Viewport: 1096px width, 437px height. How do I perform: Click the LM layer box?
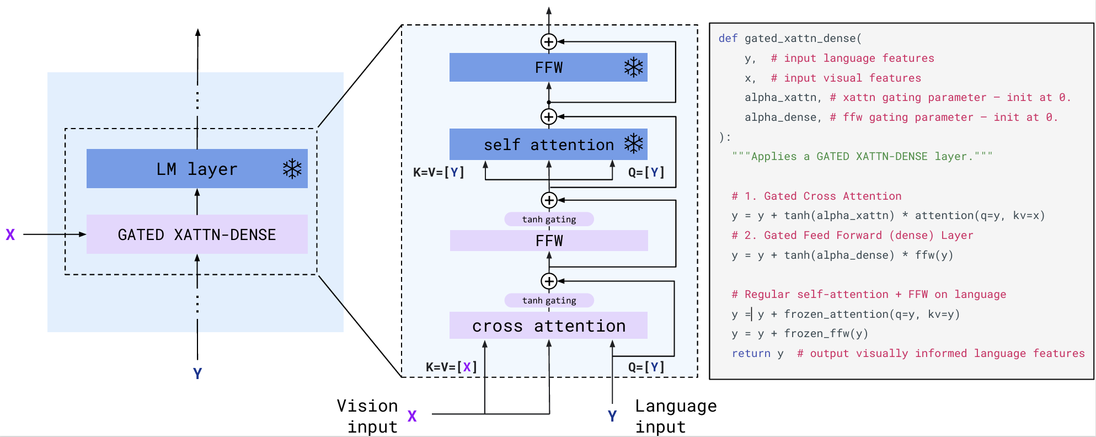tap(197, 169)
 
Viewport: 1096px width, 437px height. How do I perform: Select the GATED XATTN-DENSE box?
tap(197, 235)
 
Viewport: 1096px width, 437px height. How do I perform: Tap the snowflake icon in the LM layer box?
tap(292, 169)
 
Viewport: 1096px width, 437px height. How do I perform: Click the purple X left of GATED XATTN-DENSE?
tap(10, 235)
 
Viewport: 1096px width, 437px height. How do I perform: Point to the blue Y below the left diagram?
tap(197, 374)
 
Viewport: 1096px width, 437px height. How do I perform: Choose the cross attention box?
tap(548, 326)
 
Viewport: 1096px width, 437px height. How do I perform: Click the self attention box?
tap(548, 145)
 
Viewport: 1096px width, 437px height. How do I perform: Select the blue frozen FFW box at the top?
tap(548, 67)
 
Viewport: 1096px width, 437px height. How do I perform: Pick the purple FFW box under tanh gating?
tap(549, 241)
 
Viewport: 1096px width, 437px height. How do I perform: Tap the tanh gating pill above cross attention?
tap(549, 300)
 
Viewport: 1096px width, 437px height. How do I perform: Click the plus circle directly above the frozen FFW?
tap(548, 42)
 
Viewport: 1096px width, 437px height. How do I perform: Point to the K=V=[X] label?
tap(451, 367)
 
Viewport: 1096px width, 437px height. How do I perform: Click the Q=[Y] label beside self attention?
tap(646, 172)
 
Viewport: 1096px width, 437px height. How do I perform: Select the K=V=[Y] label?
tap(439, 172)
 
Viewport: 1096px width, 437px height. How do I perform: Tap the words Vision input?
tap(368, 416)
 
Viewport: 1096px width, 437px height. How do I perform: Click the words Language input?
tap(675, 416)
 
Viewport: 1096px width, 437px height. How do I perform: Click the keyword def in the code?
tap(728, 39)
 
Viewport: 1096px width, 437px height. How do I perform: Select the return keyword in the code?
tap(751, 354)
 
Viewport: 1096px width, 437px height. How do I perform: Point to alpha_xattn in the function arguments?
tap(780, 98)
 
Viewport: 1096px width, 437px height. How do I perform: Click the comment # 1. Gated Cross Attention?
tap(816, 196)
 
